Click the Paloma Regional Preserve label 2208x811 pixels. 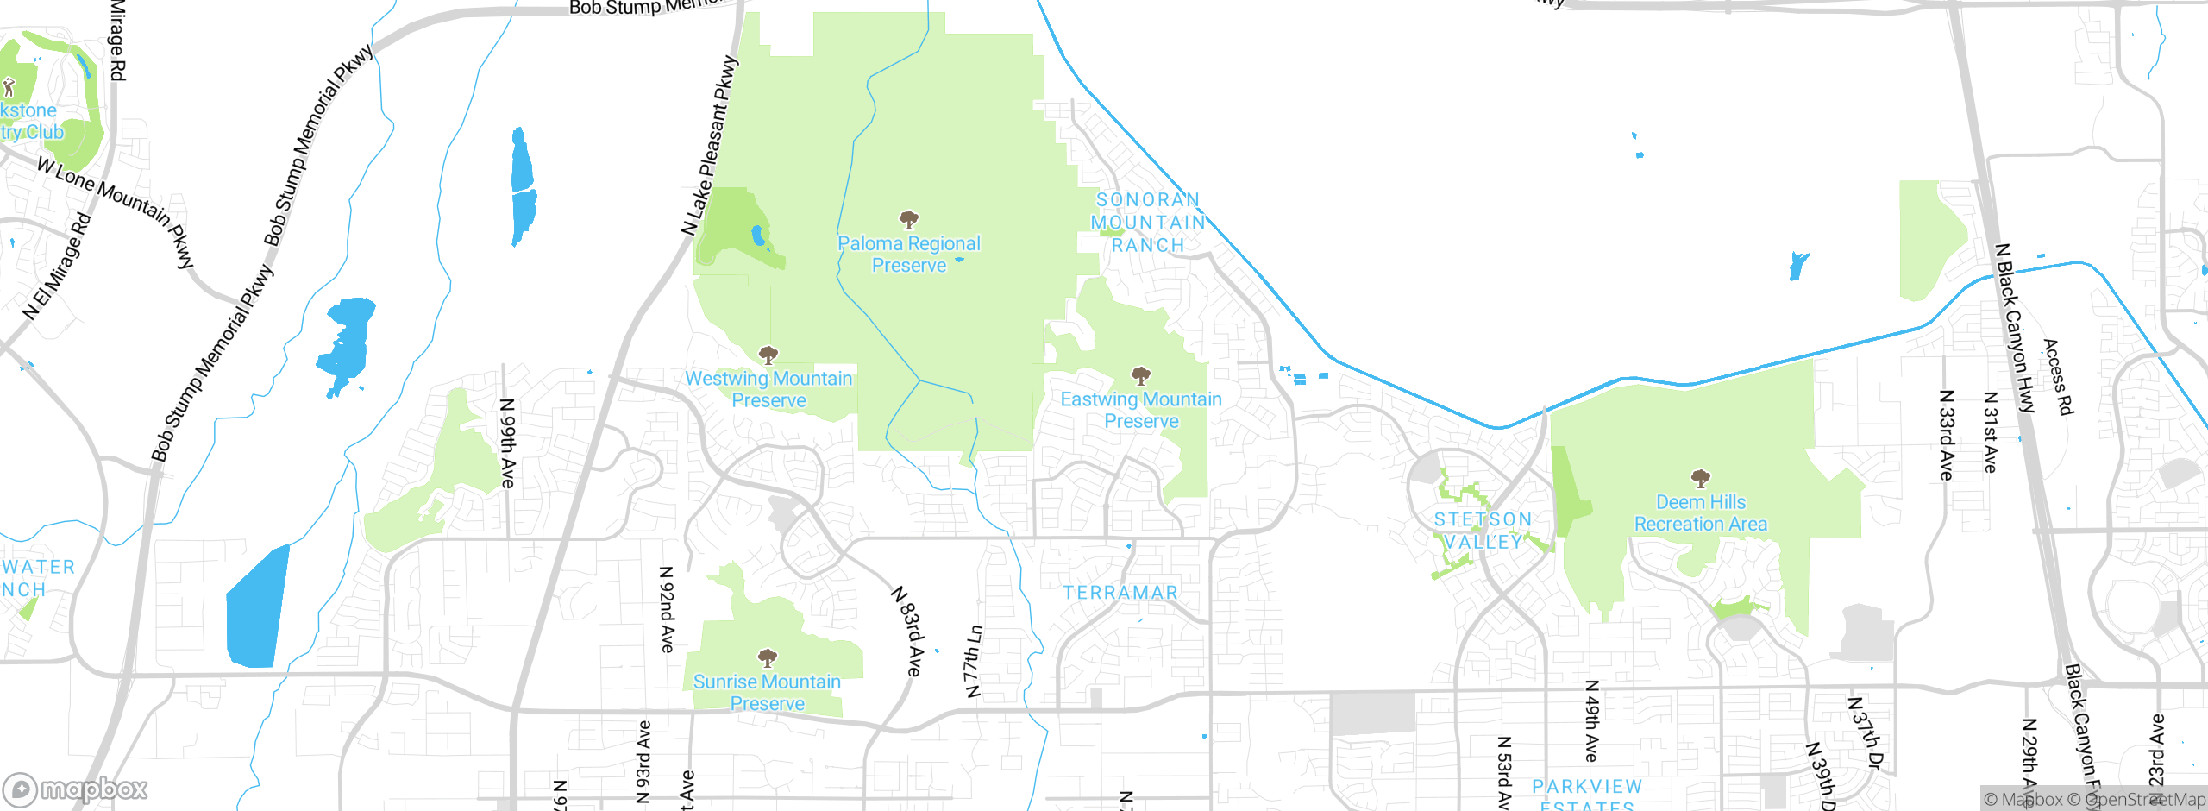point(909,255)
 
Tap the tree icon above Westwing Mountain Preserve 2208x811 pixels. point(768,355)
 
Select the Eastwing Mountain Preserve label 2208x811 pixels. point(1141,410)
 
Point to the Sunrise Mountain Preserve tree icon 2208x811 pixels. point(768,658)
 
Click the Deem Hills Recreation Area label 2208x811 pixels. point(1701,513)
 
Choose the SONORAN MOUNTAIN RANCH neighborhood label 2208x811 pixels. point(1147,223)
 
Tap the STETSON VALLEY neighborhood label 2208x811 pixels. point(1483,531)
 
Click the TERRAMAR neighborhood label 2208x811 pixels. point(1120,593)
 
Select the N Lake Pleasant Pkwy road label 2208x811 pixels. point(711,147)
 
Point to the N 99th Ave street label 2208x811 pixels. point(508,443)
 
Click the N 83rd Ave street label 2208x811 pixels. point(907,632)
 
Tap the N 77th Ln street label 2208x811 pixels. point(973,662)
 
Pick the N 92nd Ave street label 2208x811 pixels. point(667,609)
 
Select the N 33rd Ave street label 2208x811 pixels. point(1946,435)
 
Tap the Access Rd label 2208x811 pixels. point(2058,377)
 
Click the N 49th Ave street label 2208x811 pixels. point(1592,721)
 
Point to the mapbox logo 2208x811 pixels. point(76,789)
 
